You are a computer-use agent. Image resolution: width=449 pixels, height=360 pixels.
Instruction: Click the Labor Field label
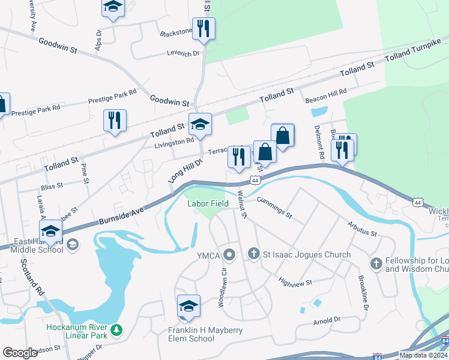pos(208,203)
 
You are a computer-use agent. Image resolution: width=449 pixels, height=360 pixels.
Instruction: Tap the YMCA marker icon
pos(229,256)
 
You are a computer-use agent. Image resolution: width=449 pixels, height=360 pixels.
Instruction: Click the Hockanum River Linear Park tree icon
pos(116,329)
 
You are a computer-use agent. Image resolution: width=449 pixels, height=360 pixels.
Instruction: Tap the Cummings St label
pos(274,207)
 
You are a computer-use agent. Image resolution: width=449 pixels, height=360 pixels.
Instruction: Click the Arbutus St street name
pos(362,229)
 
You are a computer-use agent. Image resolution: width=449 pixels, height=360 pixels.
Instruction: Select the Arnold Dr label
pos(327,321)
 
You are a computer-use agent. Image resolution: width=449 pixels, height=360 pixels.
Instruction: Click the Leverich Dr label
pos(183,53)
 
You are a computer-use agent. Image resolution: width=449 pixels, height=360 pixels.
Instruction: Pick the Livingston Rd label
pos(174,142)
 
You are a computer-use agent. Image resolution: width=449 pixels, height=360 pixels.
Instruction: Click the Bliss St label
pos(52,187)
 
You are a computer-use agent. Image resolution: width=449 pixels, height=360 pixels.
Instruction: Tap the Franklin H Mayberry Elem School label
pos(191,334)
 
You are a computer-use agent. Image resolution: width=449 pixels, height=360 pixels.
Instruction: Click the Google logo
pos(20,353)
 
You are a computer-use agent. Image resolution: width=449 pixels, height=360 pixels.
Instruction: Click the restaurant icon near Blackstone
pos(204,28)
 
